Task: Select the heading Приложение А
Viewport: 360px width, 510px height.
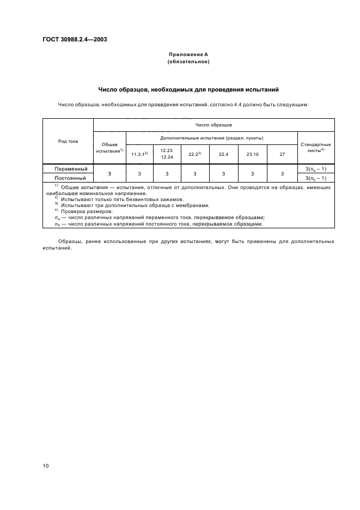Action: tap(188, 55)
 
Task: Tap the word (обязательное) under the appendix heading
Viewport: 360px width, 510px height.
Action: tap(188, 62)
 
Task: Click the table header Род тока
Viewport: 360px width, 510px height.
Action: tap(68, 141)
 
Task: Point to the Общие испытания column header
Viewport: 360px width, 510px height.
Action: tap(109, 147)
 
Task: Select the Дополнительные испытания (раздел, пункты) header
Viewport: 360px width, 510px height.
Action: tap(212, 138)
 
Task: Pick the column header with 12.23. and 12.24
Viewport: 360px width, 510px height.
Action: tap(167, 154)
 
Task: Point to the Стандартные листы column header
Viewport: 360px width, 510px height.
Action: tap(316, 147)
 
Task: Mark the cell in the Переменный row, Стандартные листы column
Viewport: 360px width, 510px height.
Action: tap(316, 169)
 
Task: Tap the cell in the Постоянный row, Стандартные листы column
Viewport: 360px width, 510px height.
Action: tap(316, 178)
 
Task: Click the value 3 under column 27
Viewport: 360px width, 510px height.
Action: tap(282, 173)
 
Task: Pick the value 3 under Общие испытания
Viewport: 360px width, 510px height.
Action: tap(109, 173)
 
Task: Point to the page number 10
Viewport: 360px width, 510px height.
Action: tap(46, 466)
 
